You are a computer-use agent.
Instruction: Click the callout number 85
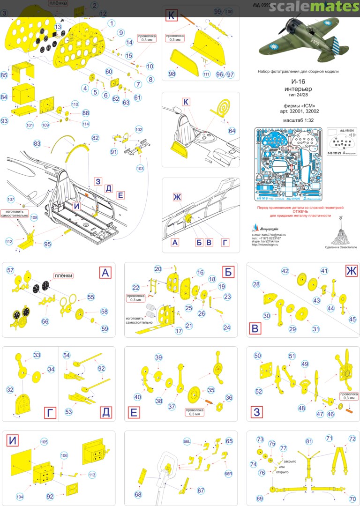[x=4, y=75]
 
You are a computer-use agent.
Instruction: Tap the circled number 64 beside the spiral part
[x=232, y=130]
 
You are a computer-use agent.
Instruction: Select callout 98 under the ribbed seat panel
[x=172, y=74]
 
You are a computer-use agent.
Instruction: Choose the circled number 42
[x=285, y=271]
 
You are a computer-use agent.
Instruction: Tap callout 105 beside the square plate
[x=44, y=442]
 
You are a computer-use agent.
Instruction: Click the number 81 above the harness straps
[x=308, y=441]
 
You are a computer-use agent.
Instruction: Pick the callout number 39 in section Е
[x=158, y=357]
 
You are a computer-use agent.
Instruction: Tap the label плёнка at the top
[x=58, y=3]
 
